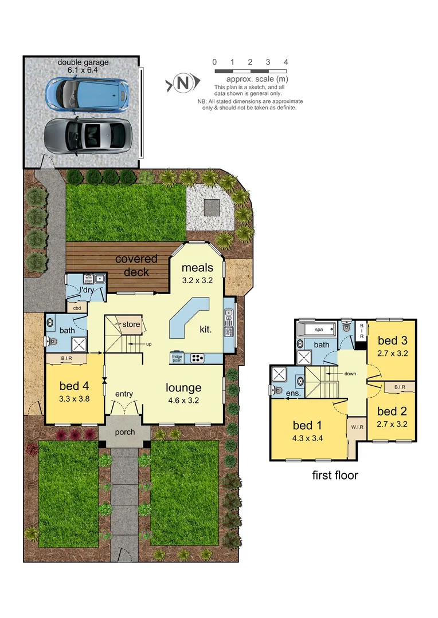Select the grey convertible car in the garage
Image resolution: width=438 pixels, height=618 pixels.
[86, 135]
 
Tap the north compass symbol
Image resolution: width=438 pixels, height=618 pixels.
[183, 84]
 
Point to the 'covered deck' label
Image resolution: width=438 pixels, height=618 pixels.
[136, 265]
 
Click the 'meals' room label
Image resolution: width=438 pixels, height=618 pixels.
[197, 268]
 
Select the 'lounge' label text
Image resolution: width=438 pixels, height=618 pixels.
[183, 387]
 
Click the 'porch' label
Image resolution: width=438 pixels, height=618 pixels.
[125, 432]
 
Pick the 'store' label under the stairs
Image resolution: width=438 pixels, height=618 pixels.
[131, 324]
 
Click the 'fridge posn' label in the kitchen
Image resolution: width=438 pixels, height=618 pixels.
[177, 358]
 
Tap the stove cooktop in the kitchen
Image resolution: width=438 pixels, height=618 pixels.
[197, 358]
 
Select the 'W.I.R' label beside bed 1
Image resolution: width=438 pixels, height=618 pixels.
[355, 427]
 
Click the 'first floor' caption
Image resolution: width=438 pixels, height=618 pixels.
[335, 475]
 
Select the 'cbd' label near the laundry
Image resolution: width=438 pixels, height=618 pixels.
[76, 308]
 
